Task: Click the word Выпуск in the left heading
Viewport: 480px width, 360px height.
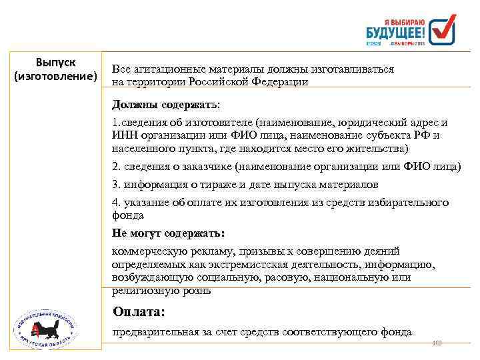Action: click(x=55, y=63)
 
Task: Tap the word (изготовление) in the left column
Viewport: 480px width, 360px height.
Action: click(x=55, y=77)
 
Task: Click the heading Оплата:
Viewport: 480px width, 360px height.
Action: click(x=139, y=311)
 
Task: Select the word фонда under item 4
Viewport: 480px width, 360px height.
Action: click(x=128, y=215)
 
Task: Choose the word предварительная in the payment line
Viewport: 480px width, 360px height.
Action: click(x=152, y=331)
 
